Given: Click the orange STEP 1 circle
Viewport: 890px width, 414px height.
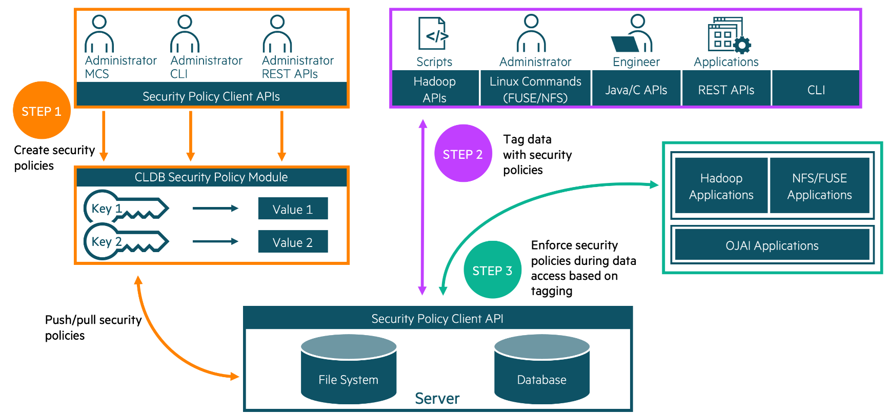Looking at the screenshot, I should coord(42,111).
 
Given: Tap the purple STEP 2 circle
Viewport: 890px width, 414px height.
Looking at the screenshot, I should coord(463,154).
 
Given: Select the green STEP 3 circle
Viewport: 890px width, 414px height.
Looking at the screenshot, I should coord(492,270).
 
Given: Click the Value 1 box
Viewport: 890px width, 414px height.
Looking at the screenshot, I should coord(293,209).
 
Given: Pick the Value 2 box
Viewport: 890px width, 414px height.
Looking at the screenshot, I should coord(293,242).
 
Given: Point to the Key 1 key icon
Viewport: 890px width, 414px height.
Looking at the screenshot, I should coord(126,208).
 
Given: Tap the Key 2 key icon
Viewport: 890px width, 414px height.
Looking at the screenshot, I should coord(126,241).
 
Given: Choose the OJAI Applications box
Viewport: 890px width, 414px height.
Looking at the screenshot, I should coord(772,245).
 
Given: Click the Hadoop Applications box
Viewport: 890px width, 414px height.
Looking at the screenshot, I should coord(721,186).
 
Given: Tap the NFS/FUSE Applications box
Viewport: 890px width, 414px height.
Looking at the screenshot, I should coord(819,186).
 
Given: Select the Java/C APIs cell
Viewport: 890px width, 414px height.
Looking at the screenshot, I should coord(636,90).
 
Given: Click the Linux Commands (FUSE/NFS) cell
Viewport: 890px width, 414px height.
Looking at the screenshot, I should coord(535,89).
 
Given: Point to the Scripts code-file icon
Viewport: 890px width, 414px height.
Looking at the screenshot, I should coord(433,34).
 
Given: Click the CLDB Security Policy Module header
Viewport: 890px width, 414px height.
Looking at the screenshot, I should coord(211,177).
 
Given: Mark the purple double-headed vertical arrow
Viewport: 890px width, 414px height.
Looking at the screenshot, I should coord(422,207).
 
